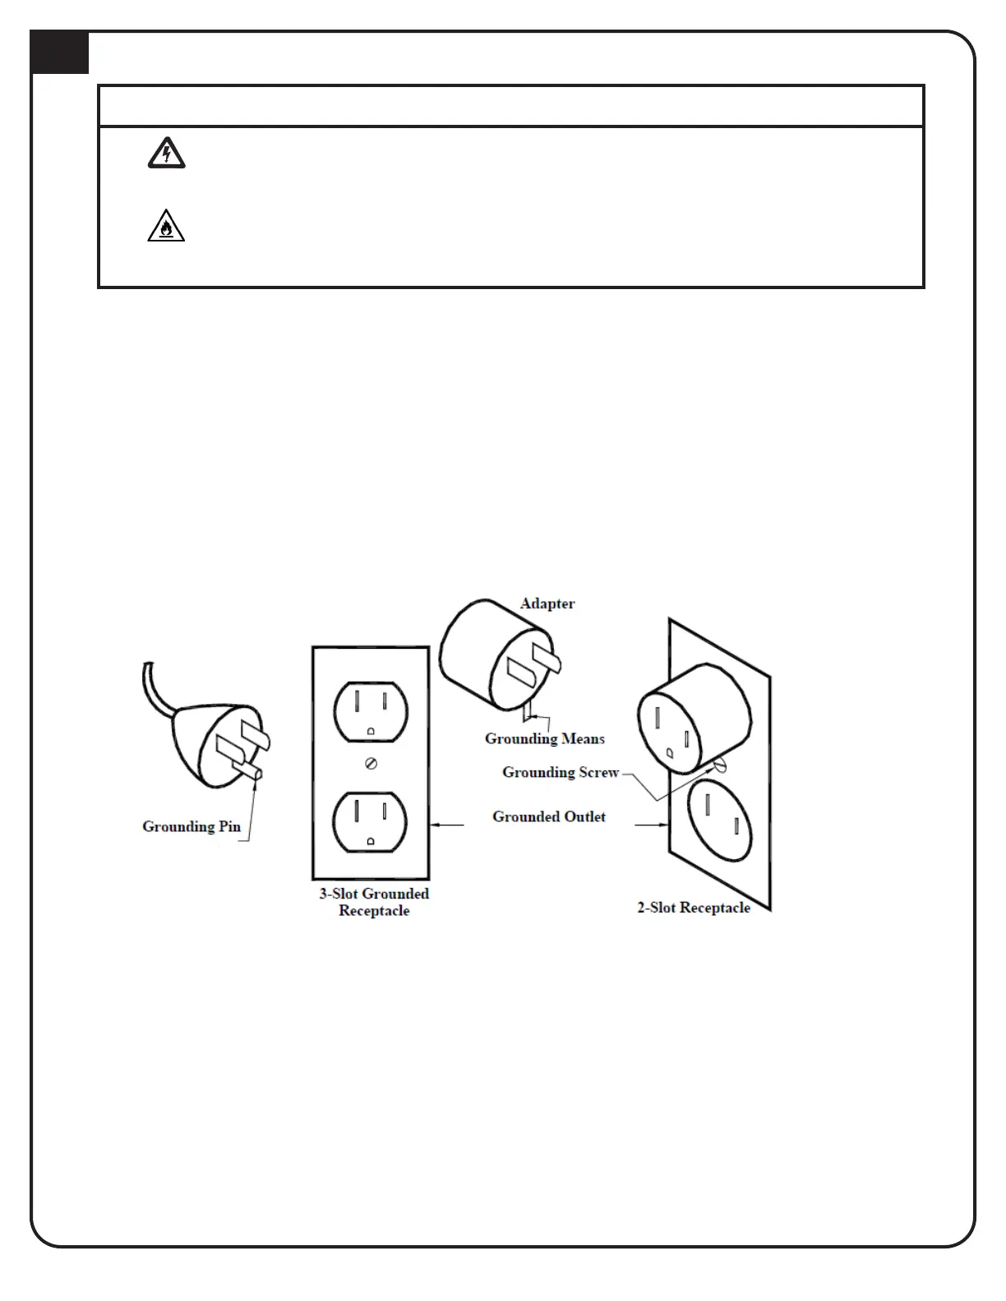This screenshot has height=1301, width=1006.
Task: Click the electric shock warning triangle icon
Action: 166,154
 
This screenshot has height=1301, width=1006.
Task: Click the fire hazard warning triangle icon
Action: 166,226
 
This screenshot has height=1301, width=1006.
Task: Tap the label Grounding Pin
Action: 192,826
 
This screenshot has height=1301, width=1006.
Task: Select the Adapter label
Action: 547,604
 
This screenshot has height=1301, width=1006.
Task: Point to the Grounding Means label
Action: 544,738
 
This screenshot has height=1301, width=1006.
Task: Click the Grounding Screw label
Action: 561,772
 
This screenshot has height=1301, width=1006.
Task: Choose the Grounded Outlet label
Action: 549,816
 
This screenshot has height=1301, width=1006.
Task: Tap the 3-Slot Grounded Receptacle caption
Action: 374,902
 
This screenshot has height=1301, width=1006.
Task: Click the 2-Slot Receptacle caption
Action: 694,908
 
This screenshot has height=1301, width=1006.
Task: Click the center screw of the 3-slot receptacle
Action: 371,764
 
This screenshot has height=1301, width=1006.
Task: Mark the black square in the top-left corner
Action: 60,53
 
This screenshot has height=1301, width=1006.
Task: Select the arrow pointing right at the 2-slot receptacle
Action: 651,825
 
